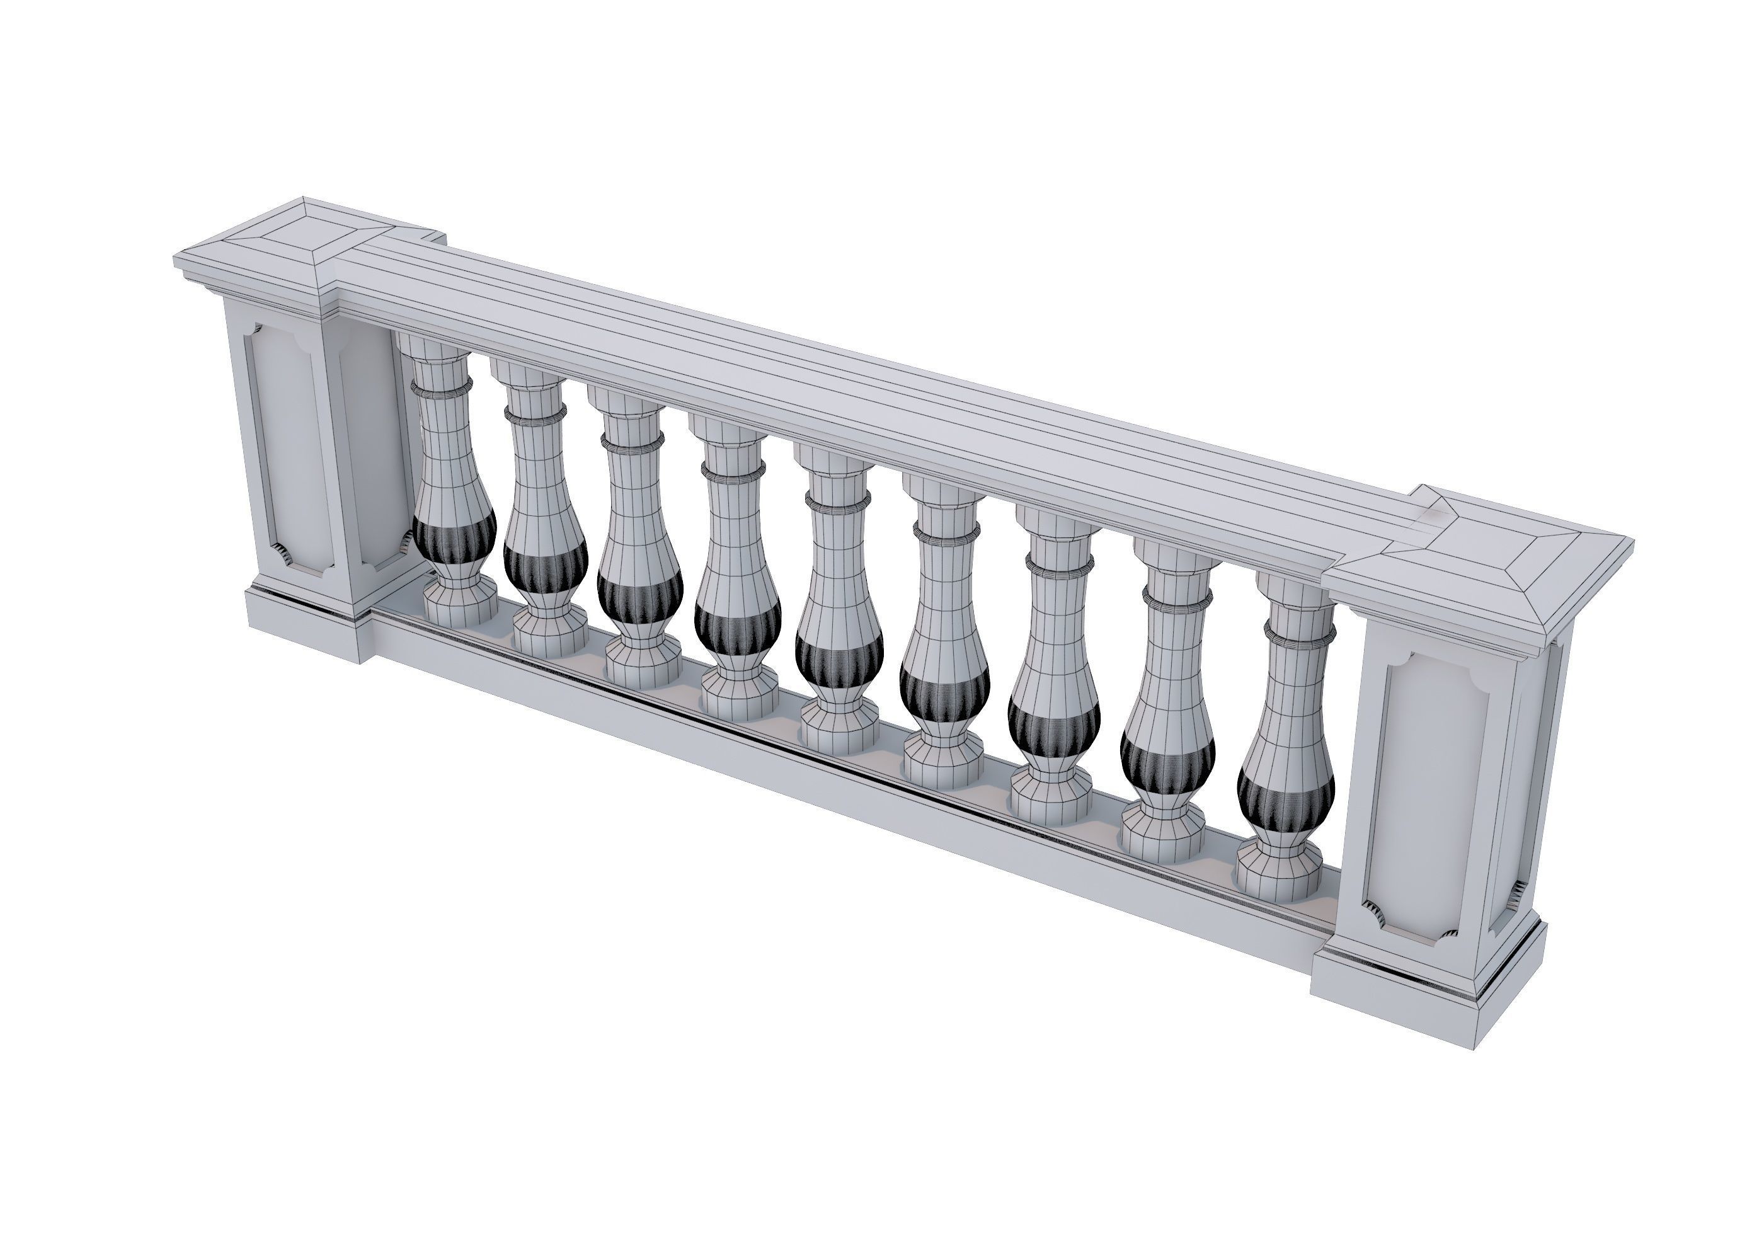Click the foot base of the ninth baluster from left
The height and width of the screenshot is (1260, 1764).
pos(1277,874)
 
